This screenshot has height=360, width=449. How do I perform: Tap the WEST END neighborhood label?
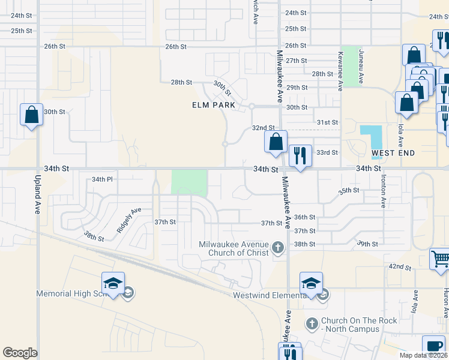pyautogui.click(x=393, y=153)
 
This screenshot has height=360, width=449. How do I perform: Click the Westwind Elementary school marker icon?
pyautogui.click(x=311, y=283)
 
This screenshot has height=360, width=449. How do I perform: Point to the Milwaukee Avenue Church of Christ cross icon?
pyautogui.click(x=278, y=247)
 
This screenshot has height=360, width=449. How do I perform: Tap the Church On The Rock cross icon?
pyautogui.click(x=312, y=324)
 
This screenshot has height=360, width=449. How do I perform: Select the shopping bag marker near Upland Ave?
pyautogui.click(x=31, y=113)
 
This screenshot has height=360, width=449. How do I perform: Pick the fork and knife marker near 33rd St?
pyautogui.click(x=298, y=155)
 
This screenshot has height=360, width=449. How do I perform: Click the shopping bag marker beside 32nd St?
pyautogui.click(x=276, y=142)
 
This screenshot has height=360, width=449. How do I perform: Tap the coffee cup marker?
pyautogui.click(x=433, y=346)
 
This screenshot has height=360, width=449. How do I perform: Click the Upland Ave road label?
pyautogui.click(x=38, y=194)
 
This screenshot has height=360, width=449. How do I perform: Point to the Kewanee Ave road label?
pyautogui.click(x=340, y=71)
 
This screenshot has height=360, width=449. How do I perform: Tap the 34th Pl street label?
pyautogui.click(x=102, y=179)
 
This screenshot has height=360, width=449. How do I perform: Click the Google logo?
pyautogui.click(x=20, y=353)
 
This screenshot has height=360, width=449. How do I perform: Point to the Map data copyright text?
pyautogui.click(x=424, y=355)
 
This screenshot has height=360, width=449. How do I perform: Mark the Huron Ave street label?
pyautogui.click(x=444, y=304)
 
